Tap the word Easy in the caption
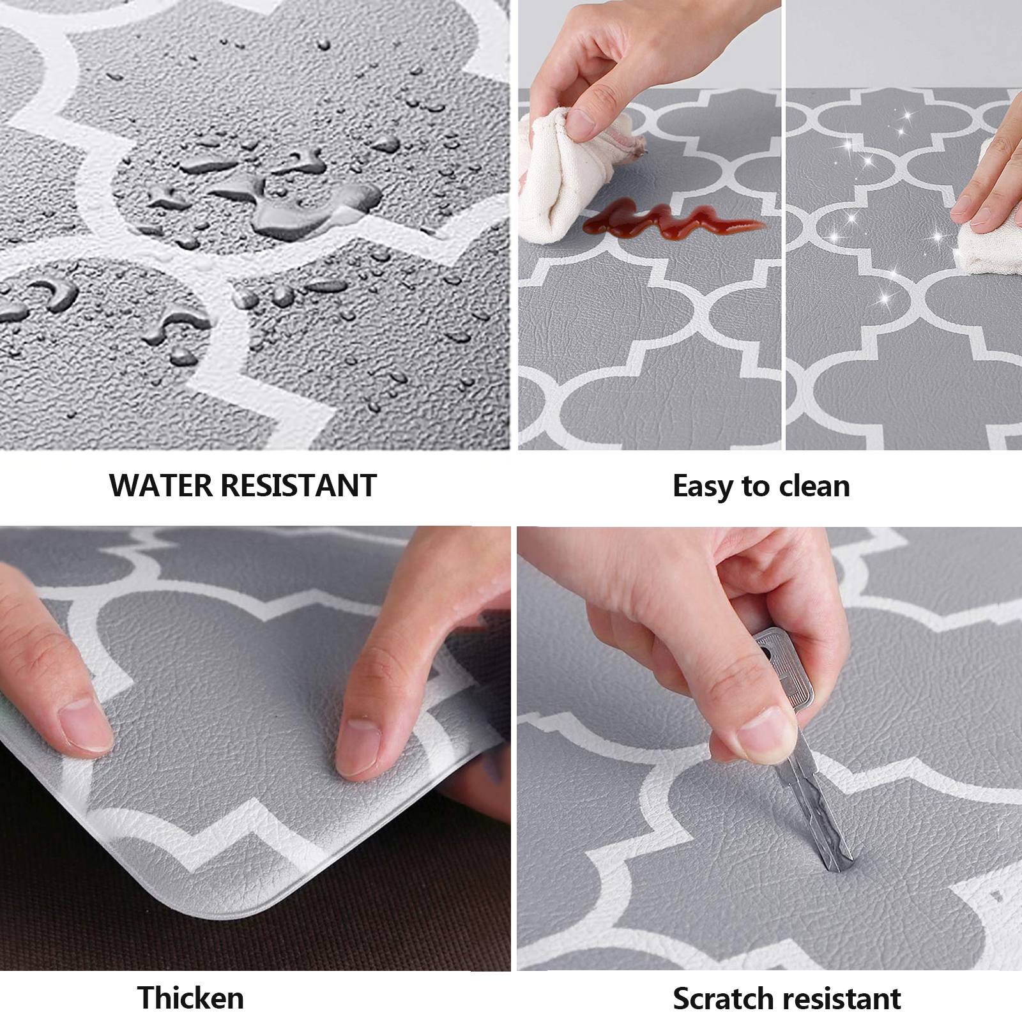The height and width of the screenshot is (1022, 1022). [x=703, y=487]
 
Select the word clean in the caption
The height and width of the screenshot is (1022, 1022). [x=814, y=486]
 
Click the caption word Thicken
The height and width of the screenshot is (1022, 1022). [x=190, y=998]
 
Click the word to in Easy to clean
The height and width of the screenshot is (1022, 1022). [x=756, y=487]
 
